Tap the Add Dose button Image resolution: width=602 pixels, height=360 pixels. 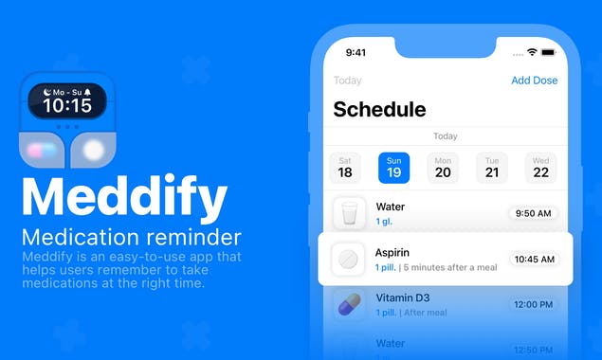tap(534, 81)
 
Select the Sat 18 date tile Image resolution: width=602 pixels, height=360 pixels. tap(345, 168)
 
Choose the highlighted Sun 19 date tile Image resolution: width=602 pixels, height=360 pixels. tap(394, 168)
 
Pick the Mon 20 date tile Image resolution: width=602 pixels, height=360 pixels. tap(443, 168)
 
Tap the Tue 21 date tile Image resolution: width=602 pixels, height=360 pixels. tap(492, 168)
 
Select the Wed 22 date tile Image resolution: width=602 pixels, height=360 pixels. tap(540, 168)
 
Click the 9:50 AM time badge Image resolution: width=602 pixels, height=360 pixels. tap(533, 213)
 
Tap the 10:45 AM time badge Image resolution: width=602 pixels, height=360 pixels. tap(534, 259)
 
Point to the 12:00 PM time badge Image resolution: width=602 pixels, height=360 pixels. tap(533, 304)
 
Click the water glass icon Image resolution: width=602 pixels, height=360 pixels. tap(349, 213)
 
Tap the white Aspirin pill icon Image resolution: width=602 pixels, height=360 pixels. tap(349, 259)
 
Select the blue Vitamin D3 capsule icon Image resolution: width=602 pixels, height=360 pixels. tap(349, 303)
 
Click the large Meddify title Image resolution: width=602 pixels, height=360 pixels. tap(124, 197)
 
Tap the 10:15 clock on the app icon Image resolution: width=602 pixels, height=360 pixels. tap(67, 105)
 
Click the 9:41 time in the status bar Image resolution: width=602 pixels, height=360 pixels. tap(356, 52)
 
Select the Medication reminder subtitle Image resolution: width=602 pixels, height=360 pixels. tap(132, 237)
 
